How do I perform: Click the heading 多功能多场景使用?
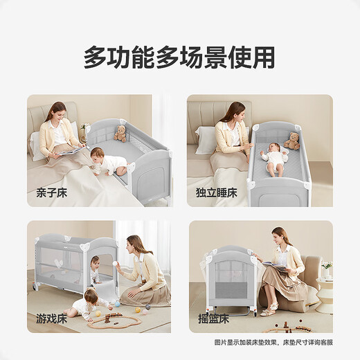pos(179,57)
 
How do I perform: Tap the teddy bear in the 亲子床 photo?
pos(121,134)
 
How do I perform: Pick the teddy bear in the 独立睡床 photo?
pos(293,141)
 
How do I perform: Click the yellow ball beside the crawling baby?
pos(98,313)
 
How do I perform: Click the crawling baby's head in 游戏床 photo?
pos(89,296)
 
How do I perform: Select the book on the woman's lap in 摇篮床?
pos(272,264)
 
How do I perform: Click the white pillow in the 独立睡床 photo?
pos(206,140)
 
